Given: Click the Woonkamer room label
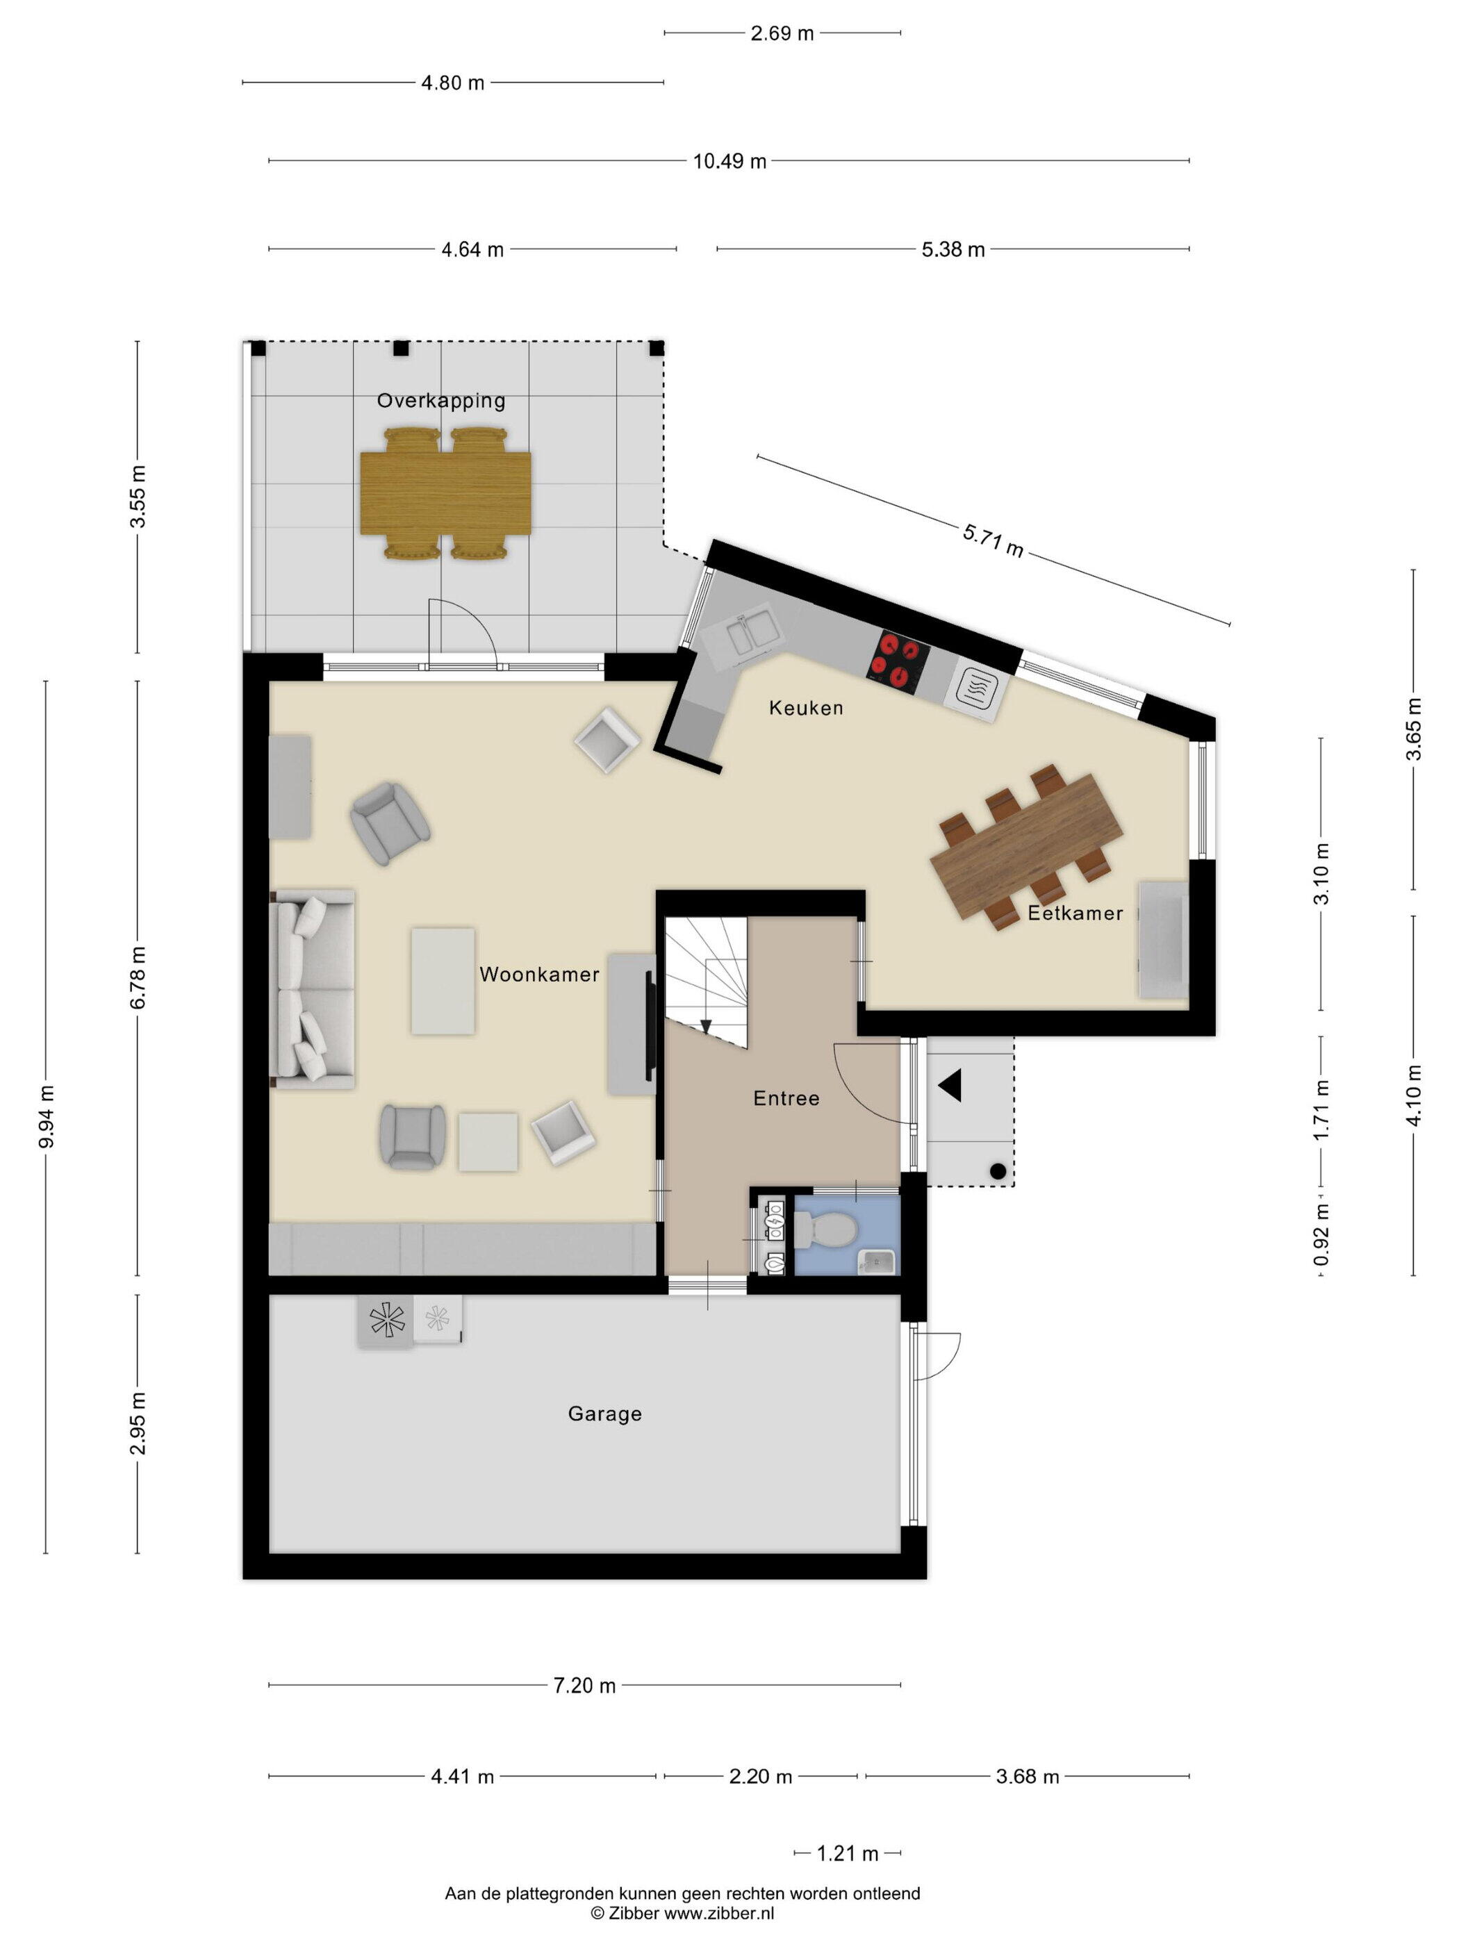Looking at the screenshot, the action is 539,975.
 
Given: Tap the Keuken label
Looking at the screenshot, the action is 805,708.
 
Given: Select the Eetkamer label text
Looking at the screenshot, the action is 1075,913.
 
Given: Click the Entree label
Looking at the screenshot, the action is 786,1098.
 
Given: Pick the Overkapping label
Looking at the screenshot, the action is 440,401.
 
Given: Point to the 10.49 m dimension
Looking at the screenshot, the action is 729,161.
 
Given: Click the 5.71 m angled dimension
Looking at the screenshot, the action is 993,540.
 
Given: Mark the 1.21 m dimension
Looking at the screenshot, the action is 847,1853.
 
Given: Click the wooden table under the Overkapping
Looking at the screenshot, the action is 446,493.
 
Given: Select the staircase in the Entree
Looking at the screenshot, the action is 706,982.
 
